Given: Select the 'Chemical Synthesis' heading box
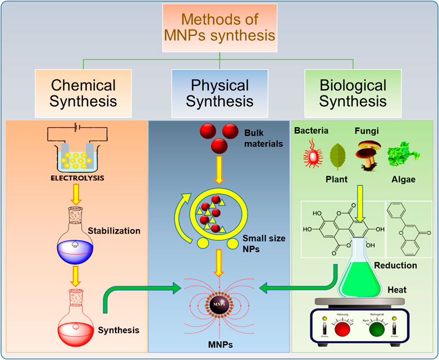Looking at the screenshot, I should [x=83, y=93].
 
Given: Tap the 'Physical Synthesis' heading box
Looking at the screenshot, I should [x=219, y=93].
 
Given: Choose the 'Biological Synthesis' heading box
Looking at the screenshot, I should [x=353, y=93].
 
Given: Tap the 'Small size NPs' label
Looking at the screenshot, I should [x=264, y=243].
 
